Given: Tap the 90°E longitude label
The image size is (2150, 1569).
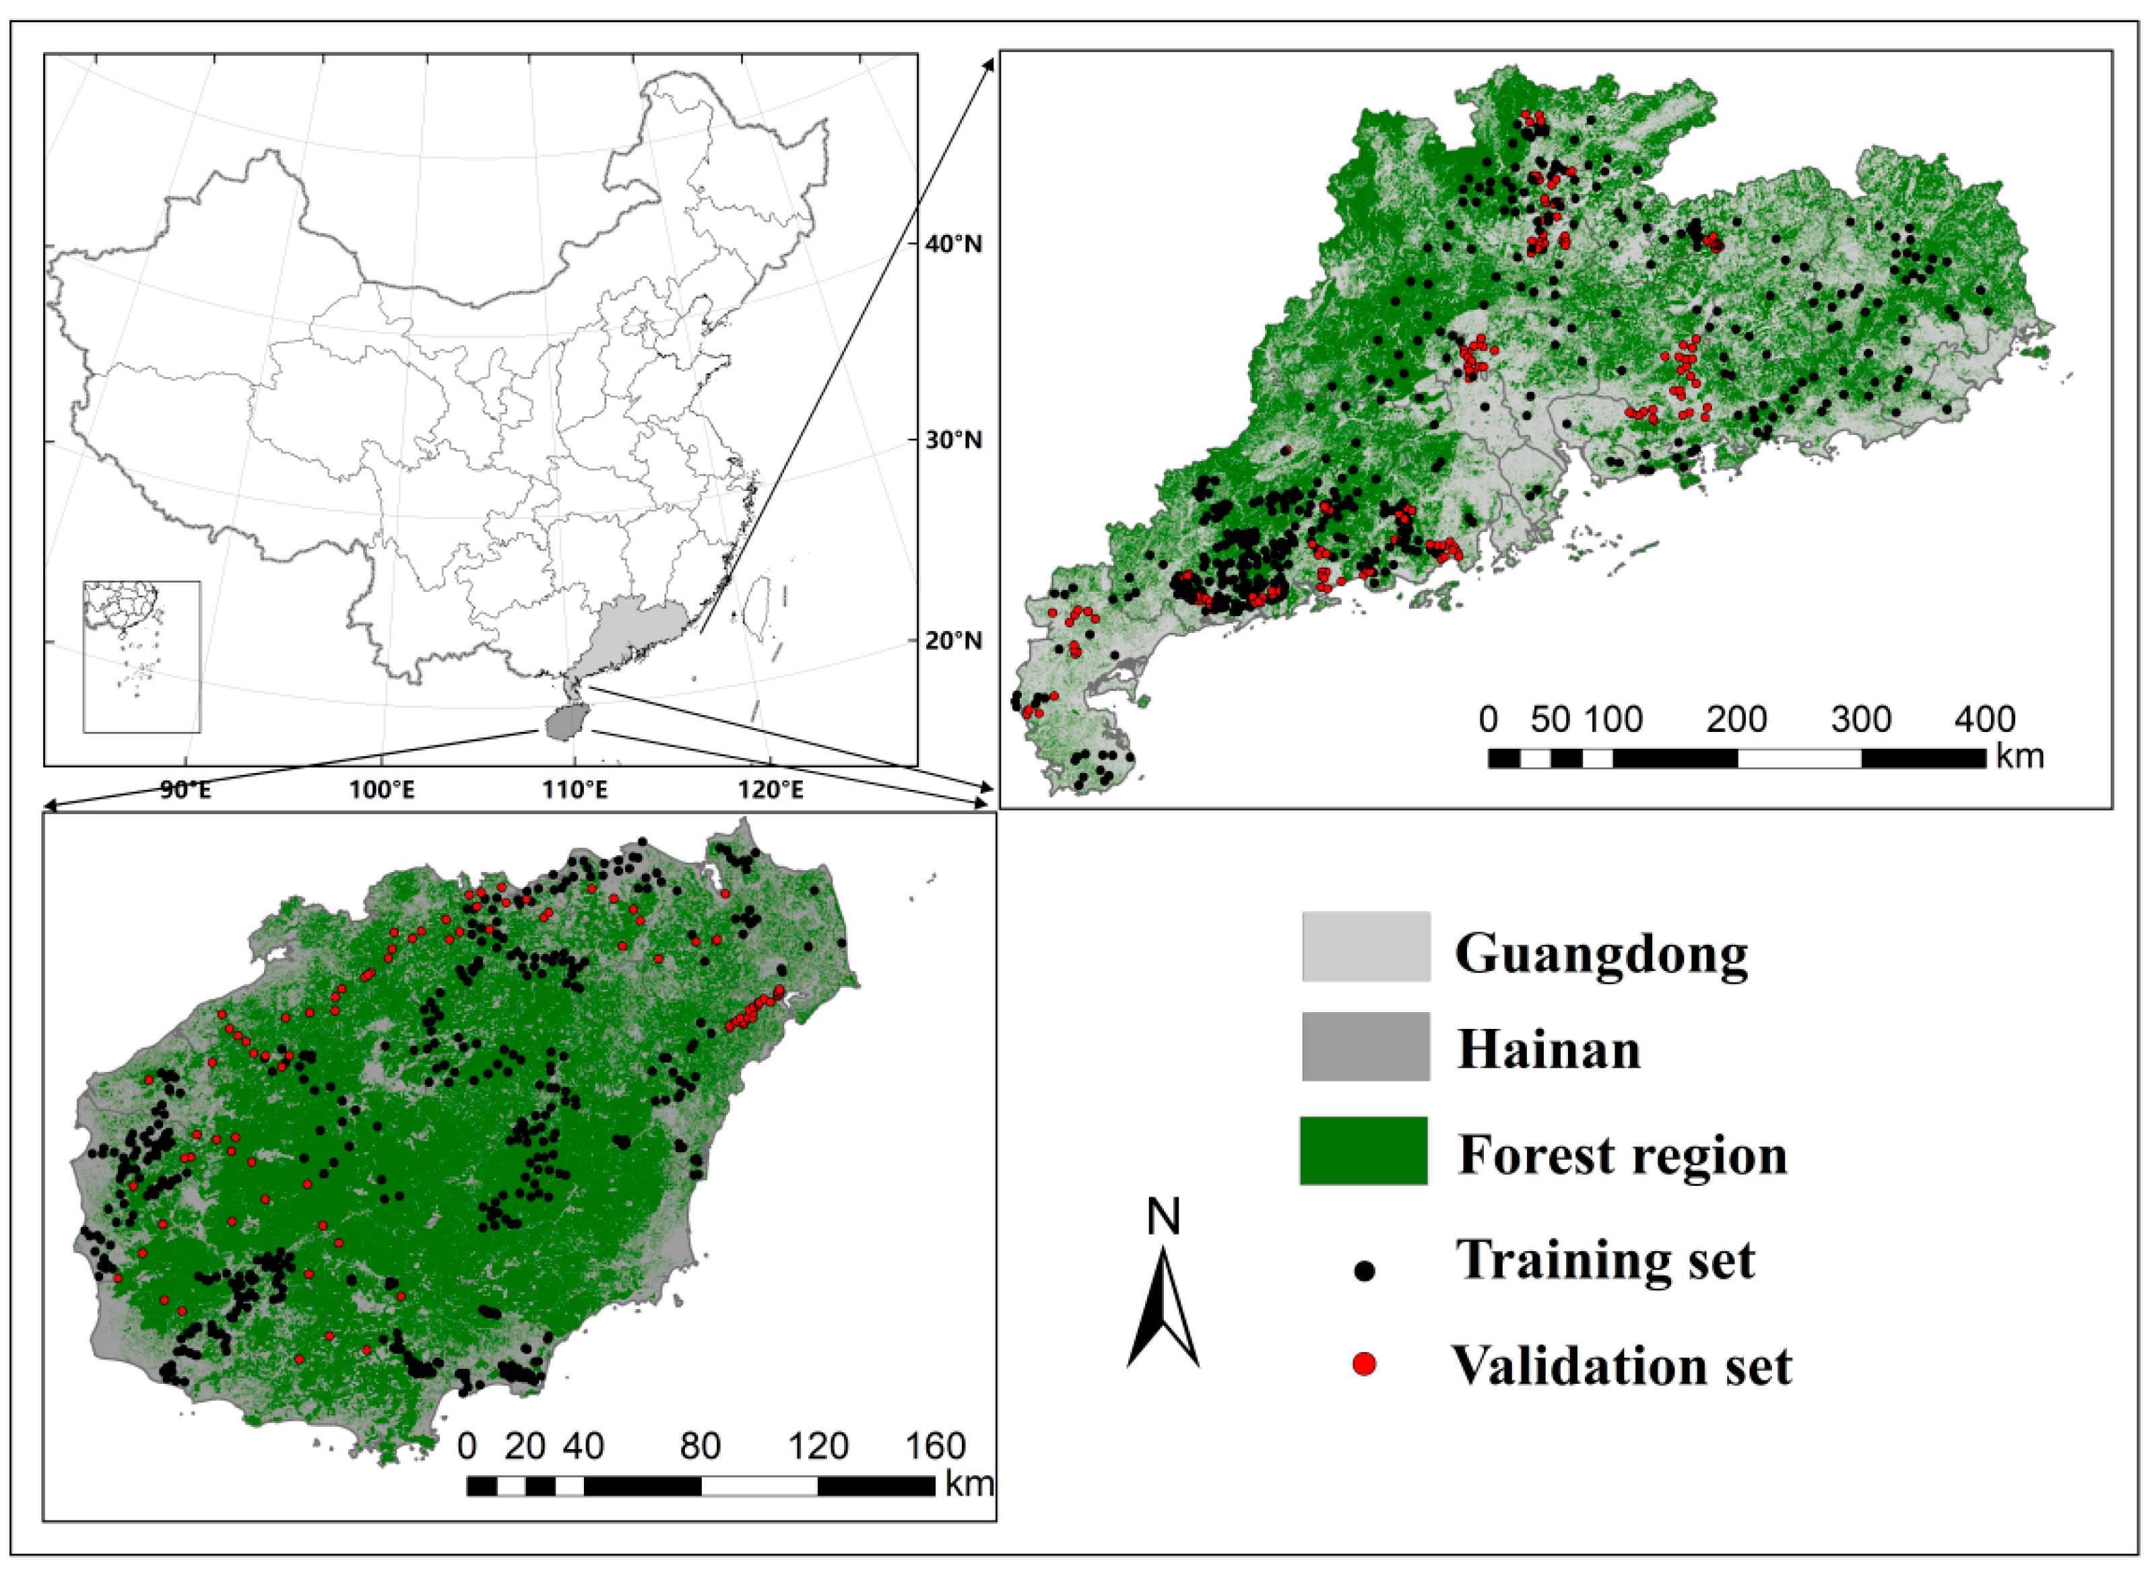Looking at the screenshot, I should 186,790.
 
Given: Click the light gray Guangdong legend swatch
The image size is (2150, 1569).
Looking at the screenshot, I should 1365,947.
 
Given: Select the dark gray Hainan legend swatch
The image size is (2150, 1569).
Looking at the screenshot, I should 1365,1046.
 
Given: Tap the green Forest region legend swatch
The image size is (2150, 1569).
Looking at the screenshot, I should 1363,1150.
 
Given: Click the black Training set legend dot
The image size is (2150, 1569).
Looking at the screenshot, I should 1365,1271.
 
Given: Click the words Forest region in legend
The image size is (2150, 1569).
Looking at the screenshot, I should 1622,1155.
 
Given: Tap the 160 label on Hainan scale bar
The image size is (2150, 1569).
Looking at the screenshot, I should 936,1446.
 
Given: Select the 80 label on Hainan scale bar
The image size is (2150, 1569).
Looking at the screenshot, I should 701,1446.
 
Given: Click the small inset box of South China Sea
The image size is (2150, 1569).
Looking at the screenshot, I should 141,657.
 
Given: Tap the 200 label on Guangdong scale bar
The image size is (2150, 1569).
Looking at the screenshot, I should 1736,719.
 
